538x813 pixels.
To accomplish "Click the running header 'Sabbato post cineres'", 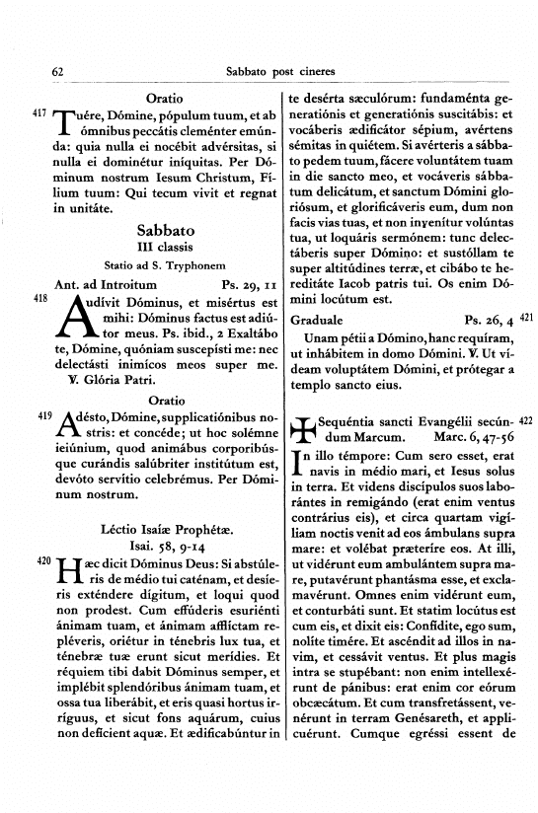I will tap(280, 71).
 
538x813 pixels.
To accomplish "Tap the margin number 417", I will tap(40, 114).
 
